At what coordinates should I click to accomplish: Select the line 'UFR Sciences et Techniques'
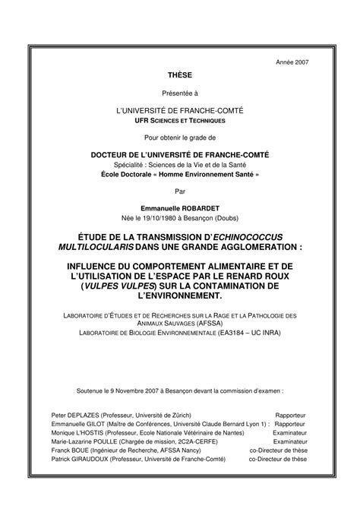pyautogui.click(x=179, y=121)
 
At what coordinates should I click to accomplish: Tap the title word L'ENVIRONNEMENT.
pyautogui.click(x=179, y=293)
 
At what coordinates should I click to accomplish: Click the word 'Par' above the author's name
pyautogui.click(x=179, y=191)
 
